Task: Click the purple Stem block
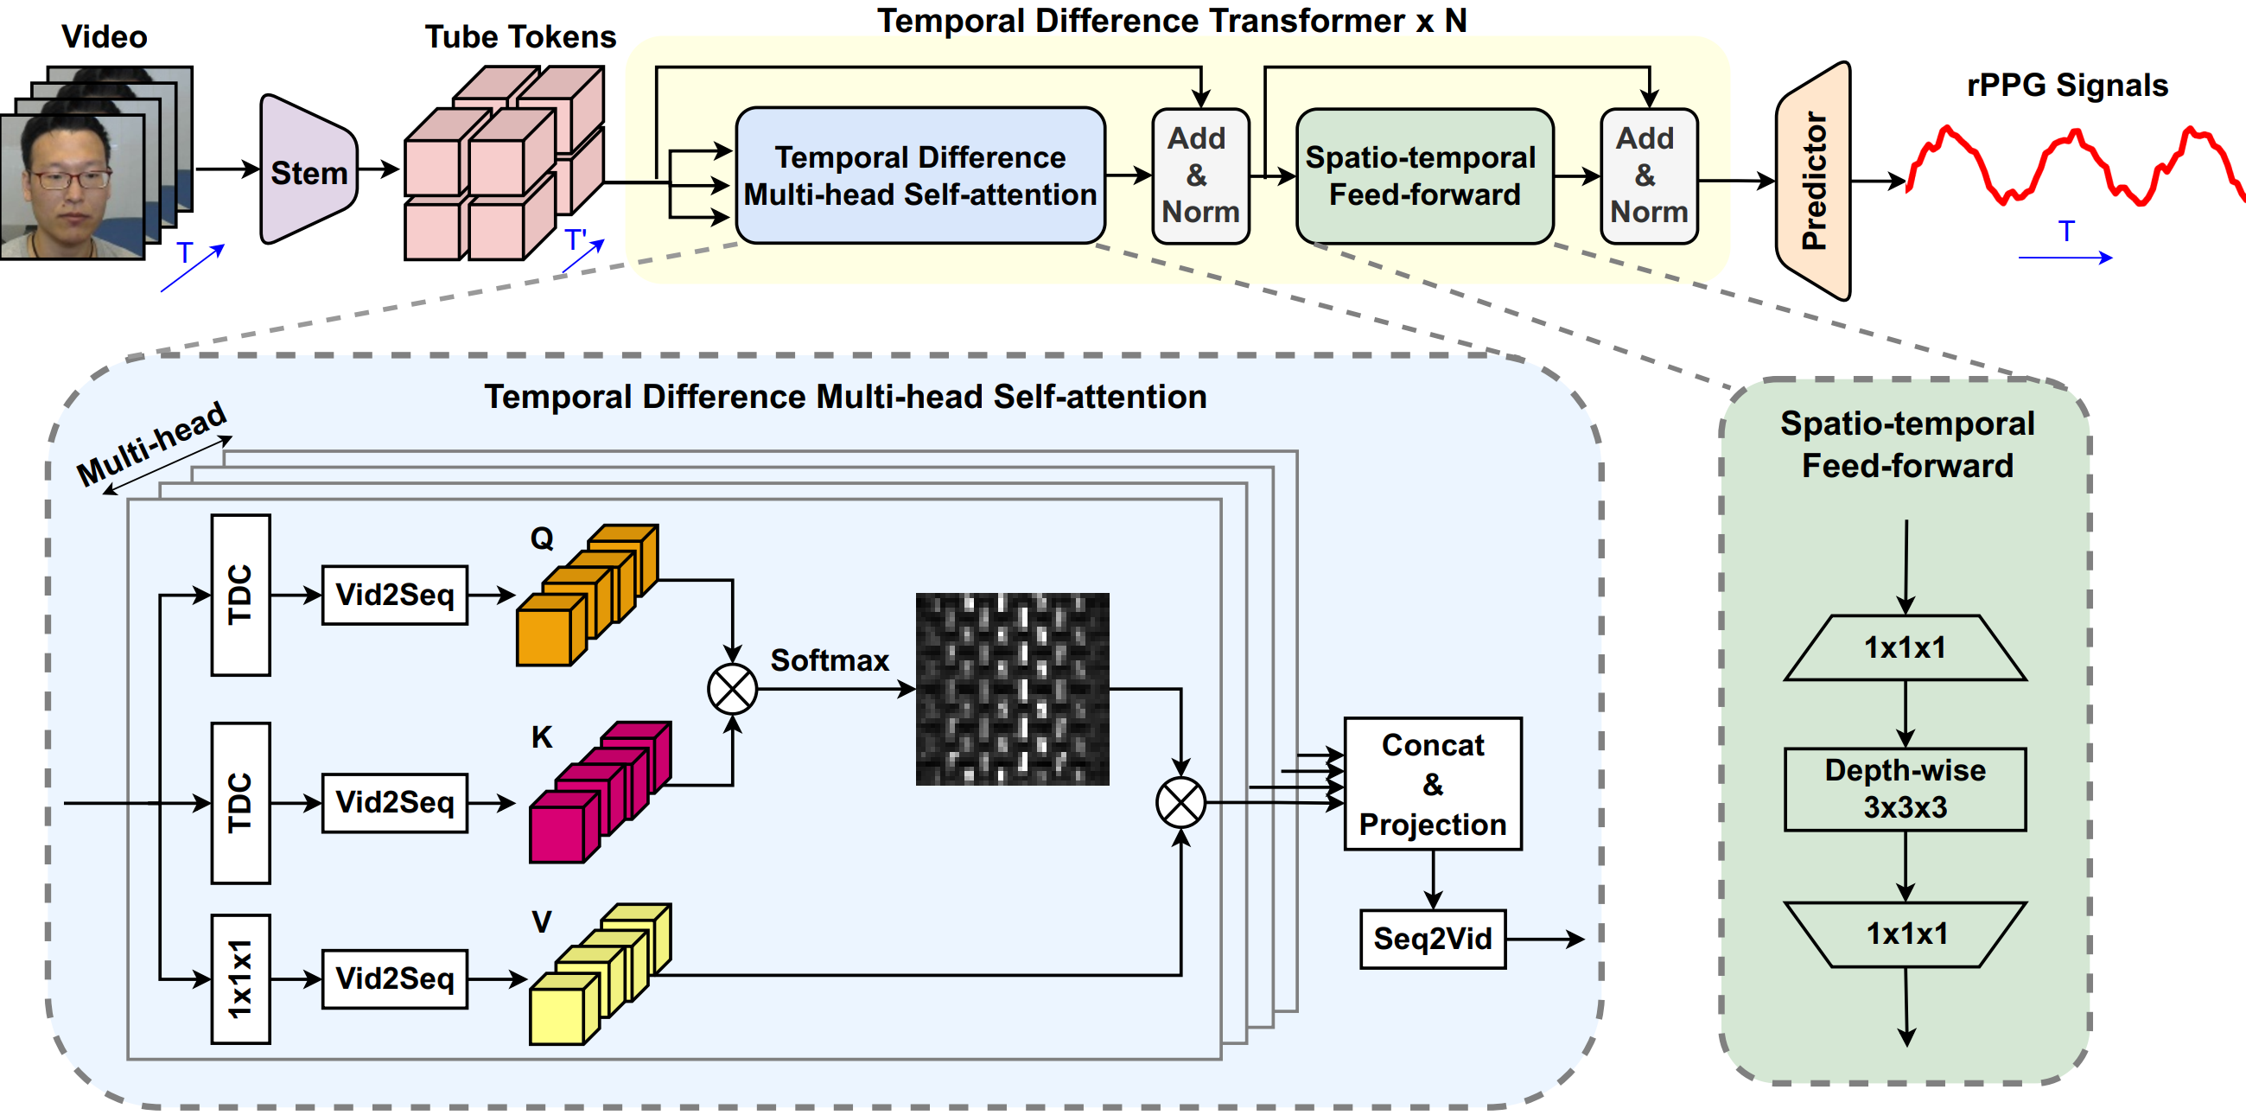(308, 171)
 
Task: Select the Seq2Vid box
(1433, 938)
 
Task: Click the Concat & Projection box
(1433, 784)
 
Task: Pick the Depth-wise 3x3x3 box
(1906, 789)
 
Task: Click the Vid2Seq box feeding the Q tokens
(394, 595)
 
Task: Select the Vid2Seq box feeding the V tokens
(394, 978)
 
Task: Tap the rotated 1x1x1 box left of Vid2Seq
(240, 978)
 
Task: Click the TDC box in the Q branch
(240, 595)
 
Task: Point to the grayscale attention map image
(1012, 689)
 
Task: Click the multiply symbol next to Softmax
(733, 689)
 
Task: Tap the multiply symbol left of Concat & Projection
(1180, 802)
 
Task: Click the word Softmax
(829, 660)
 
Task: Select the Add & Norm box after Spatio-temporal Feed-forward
(1648, 175)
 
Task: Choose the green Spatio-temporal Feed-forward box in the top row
(1424, 175)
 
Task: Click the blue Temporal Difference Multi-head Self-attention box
(919, 175)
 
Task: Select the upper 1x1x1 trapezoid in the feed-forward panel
(1906, 647)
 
